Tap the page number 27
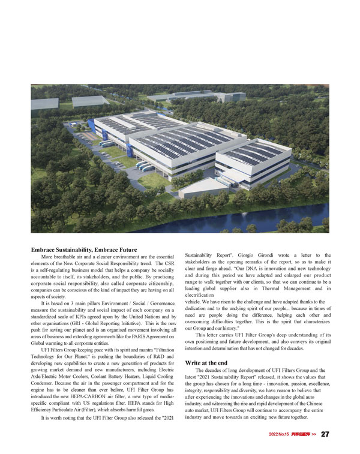pyautogui.click(x=325, y=434)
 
